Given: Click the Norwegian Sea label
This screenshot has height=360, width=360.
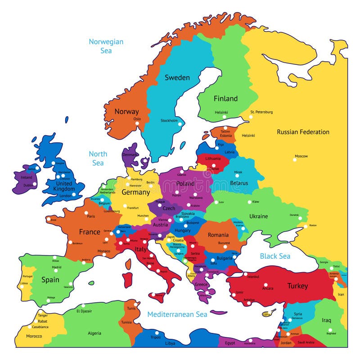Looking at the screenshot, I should click(106, 46).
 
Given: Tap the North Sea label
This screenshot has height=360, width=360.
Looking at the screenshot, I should click(98, 158).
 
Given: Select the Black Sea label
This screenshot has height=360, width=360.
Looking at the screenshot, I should click(275, 256).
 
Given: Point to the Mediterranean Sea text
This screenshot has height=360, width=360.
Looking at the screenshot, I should click(177, 314).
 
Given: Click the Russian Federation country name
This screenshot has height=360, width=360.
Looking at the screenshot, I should click(303, 132).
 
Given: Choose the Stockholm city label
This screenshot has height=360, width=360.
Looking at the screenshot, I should click(169, 120).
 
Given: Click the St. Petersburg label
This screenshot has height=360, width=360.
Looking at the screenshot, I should click(261, 112).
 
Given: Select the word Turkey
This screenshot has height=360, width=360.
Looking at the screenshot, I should click(297, 286).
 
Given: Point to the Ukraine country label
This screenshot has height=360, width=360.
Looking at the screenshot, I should click(258, 216).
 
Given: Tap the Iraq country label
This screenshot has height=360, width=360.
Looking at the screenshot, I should click(326, 320).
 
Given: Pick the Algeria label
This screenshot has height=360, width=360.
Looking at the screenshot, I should click(94, 333).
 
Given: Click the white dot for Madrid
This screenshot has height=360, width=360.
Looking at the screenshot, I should click(58, 272).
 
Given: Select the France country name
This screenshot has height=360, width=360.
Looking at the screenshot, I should click(90, 232).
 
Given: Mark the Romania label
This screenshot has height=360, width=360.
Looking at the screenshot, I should click(218, 235).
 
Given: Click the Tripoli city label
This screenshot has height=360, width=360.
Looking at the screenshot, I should click(155, 337).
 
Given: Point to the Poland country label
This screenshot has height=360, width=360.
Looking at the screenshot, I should click(185, 183).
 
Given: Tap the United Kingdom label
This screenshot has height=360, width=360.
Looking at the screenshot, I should click(63, 186).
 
